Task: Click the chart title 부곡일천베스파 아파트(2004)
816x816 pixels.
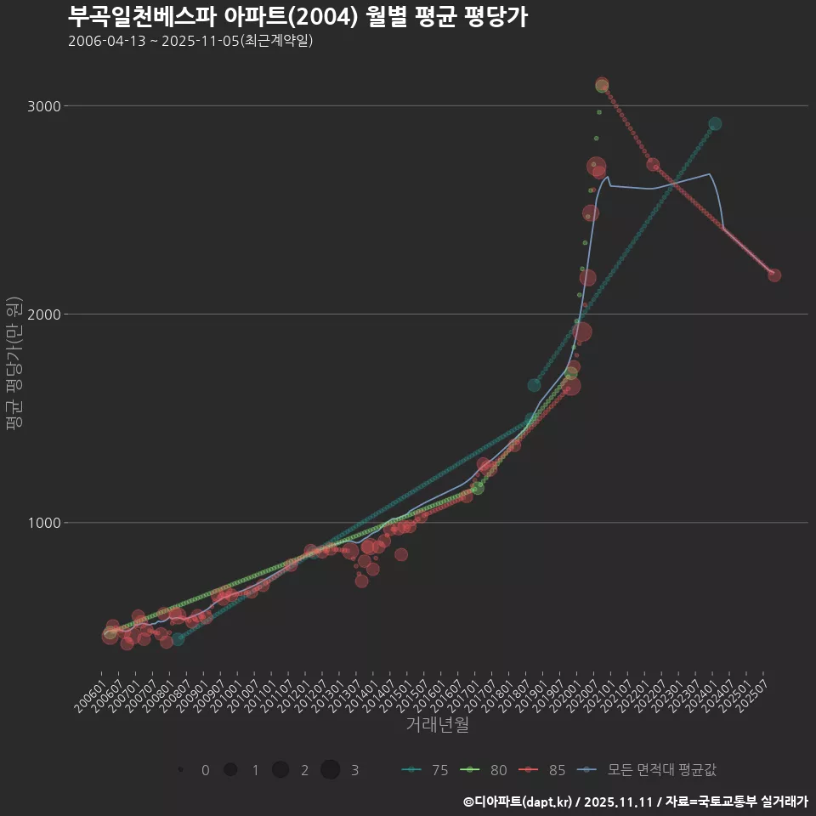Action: (x=297, y=16)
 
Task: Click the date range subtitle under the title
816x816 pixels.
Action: (x=190, y=41)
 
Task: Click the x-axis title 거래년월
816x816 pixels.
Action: (x=437, y=725)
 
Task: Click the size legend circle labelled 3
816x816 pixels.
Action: (x=331, y=770)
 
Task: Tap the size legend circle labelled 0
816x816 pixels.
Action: (x=181, y=770)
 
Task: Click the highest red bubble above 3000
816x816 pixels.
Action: (x=602, y=85)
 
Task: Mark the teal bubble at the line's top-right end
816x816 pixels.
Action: (x=715, y=124)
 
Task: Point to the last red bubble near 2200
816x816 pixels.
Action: (x=774, y=275)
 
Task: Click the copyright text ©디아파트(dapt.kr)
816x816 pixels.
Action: (x=518, y=802)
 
